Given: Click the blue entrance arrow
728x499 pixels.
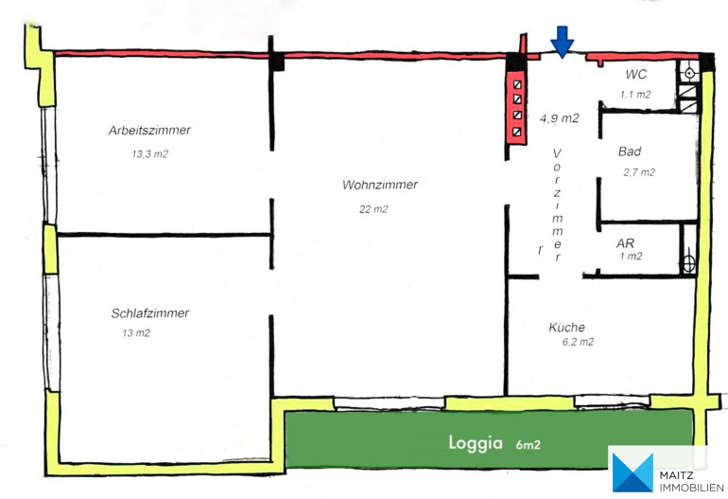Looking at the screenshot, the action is pos(563,43).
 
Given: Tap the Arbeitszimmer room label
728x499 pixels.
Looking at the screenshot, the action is pos(149,131).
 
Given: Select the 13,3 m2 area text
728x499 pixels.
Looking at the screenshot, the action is pos(150,154).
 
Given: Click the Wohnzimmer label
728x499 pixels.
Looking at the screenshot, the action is pos(380,185).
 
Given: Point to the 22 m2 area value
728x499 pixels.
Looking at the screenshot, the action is pos(373,209).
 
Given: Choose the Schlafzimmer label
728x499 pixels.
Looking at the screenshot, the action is pos(150,313).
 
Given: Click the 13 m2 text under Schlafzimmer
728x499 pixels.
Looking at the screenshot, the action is pos(136,333).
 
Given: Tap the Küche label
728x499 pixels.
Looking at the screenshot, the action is pos(566,327).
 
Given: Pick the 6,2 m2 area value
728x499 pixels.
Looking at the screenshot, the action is pos(578,342).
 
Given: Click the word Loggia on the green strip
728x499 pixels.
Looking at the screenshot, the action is pos(476,443).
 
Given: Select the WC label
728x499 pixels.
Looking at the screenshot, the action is pos(635,75).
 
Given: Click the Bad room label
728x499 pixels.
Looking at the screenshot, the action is pos(630,151).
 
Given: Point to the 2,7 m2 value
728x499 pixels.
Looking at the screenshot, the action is pos(639,172).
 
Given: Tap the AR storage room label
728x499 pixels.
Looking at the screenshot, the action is pos(625,243).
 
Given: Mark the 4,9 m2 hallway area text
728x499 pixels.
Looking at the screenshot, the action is pos(560,118).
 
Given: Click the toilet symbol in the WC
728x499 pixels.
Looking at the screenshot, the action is pos(690,73).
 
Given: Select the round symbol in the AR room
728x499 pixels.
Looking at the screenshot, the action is pos(689,264).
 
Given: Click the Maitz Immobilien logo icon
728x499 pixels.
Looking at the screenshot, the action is pos(633,472).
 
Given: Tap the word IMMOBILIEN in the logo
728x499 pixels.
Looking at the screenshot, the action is pos(691,488).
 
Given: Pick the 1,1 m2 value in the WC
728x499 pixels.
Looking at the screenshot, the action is pos(635,95).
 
